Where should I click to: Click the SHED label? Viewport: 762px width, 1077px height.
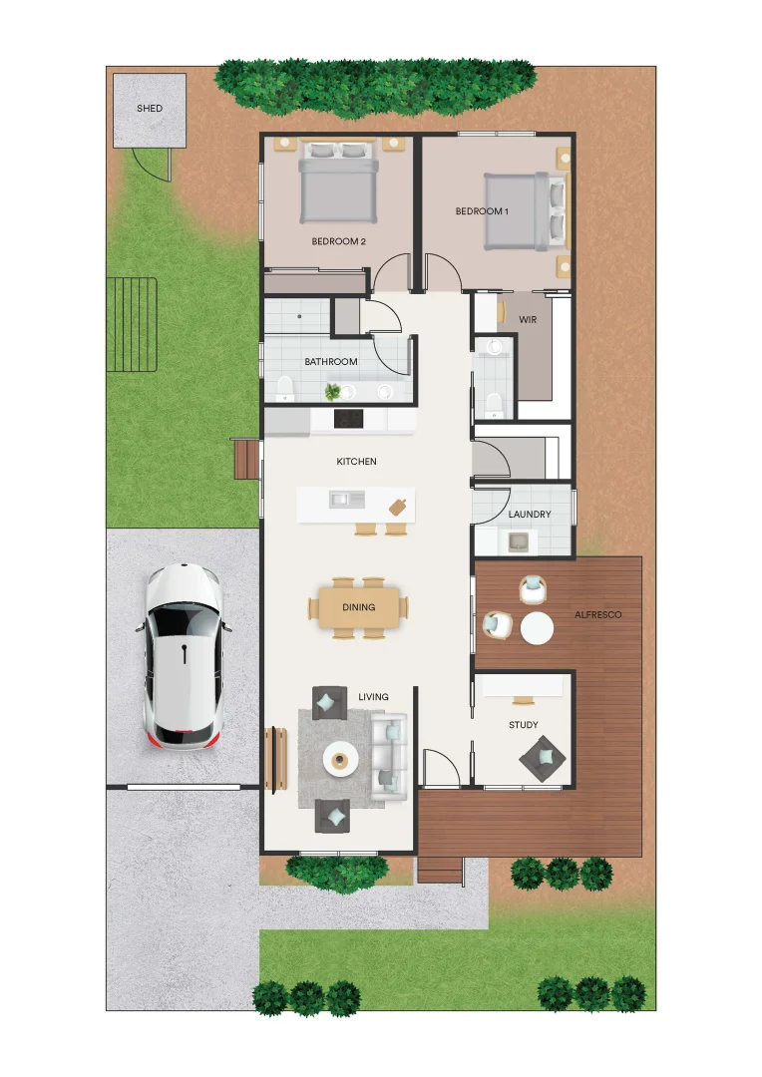[x=150, y=108]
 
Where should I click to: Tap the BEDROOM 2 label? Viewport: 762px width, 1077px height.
[x=339, y=241]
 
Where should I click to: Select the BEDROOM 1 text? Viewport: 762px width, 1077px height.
[x=482, y=211]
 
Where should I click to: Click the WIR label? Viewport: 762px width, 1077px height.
[x=528, y=319]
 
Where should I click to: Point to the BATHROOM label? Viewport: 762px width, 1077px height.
[x=331, y=362]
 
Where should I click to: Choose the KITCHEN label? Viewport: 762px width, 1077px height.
[x=356, y=462]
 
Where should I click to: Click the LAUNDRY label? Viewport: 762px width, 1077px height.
[x=529, y=515]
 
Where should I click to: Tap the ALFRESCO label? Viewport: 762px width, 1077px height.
[x=597, y=615]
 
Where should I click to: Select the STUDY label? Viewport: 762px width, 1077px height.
[x=523, y=725]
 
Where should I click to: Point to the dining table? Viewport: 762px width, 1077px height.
[x=359, y=606]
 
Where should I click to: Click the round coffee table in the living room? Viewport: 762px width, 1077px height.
[x=341, y=760]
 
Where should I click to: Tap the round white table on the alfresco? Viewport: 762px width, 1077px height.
[x=537, y=628]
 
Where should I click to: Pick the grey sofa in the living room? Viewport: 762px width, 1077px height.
[x=389, y=756]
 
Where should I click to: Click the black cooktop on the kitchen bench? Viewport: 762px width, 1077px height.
[x=347, y=419]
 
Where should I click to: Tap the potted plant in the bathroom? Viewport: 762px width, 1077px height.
[x=333, y=391]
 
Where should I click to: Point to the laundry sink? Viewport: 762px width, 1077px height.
[x=519, y=541]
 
